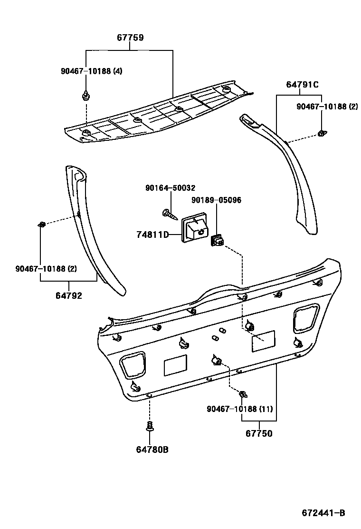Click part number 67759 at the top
130,38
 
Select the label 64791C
302,85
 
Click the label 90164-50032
170,188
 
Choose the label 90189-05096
216,200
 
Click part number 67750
259,433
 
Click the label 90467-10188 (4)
91,71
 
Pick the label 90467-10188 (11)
239,409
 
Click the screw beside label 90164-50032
168,214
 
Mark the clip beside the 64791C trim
321,134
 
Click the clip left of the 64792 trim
41,224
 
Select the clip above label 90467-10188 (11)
243,394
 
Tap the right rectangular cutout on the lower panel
263,341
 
